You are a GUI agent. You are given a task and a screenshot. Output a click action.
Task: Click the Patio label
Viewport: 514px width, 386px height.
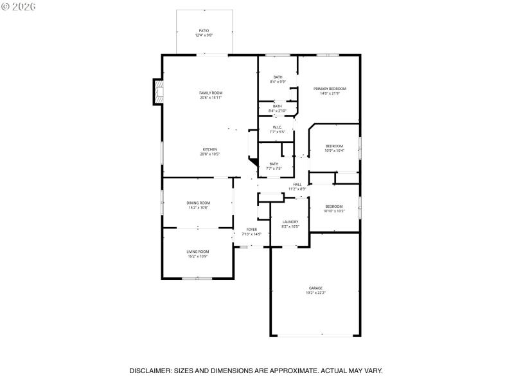coord(204,30)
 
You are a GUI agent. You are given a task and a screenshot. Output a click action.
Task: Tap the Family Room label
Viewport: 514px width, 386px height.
coord(210,93)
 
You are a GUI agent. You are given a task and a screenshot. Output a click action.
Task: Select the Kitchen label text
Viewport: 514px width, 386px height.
coord(210,149)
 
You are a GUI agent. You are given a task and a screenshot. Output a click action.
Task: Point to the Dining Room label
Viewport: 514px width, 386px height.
coord(199,203)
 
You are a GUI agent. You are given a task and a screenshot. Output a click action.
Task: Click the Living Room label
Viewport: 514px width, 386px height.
coord(198,252)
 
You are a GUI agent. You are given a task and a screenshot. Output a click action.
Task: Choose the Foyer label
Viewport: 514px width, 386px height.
coord(251,230)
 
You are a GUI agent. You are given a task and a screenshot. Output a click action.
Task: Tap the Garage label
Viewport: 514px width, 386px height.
coord(315,288)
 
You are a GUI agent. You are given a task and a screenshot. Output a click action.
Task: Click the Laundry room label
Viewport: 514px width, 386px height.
coord(290,221)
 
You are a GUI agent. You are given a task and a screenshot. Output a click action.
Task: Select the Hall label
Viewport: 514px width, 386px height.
coord(297,185)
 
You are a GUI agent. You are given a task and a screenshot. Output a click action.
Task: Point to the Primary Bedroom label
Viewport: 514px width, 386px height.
coord(330,88)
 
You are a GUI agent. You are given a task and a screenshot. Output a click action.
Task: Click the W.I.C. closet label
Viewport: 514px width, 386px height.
coord(278,127)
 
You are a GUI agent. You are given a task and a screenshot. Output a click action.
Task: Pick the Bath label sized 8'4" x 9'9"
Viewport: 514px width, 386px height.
coord(278,77)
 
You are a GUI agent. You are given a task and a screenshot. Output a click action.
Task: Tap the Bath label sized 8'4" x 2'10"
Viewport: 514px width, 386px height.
coord(278,106)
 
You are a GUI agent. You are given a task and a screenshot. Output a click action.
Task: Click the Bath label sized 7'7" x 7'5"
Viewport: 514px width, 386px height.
coord(274,163)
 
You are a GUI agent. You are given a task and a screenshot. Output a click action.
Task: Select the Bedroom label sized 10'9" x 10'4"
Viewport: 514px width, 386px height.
coord(334,146)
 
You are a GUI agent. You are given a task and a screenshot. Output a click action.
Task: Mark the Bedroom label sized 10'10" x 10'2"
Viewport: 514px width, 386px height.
coord(334,206)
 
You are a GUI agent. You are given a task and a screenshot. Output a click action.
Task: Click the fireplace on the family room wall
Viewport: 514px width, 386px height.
coord(157,92)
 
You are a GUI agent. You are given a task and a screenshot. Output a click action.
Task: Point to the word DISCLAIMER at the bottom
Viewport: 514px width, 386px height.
coord(150,371)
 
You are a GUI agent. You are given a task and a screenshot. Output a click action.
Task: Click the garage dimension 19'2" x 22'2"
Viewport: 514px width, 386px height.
coord(315,293)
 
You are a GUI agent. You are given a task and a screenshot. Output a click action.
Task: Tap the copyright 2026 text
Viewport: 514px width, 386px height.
coord(19,6)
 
